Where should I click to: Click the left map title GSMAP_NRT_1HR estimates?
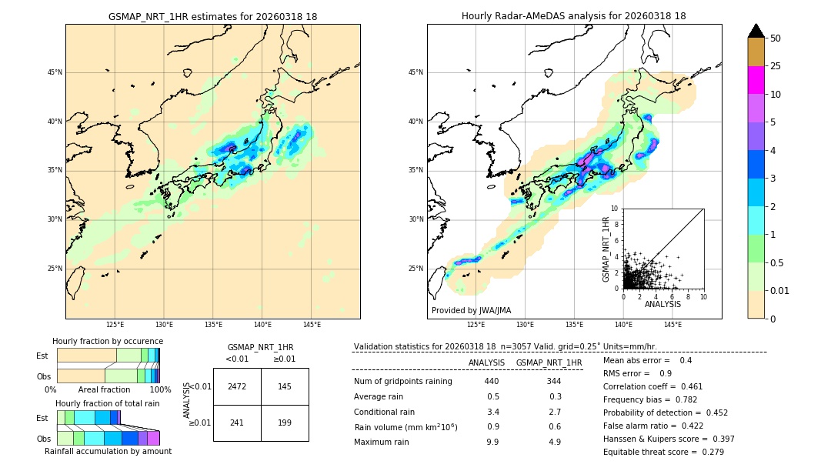(212, 16)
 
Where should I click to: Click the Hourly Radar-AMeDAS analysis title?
(573, 16)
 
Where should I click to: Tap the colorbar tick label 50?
(776, 38)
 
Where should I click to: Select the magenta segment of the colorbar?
(756, 80)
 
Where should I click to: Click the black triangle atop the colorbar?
(756, 31)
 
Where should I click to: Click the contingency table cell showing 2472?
(237, 386)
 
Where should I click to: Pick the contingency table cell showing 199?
(285, 423)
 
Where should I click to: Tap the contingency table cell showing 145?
(285, 386)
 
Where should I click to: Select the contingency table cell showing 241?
(237, 423)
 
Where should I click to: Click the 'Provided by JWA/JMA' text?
(471, 311)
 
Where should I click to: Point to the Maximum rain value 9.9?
(492, 442)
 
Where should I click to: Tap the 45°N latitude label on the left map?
(55, 72)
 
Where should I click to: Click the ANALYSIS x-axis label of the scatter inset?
(662, 304)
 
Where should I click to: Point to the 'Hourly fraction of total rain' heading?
(108, 403)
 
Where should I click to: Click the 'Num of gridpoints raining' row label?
(403, 382)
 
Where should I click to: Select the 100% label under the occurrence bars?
(160, 390)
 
